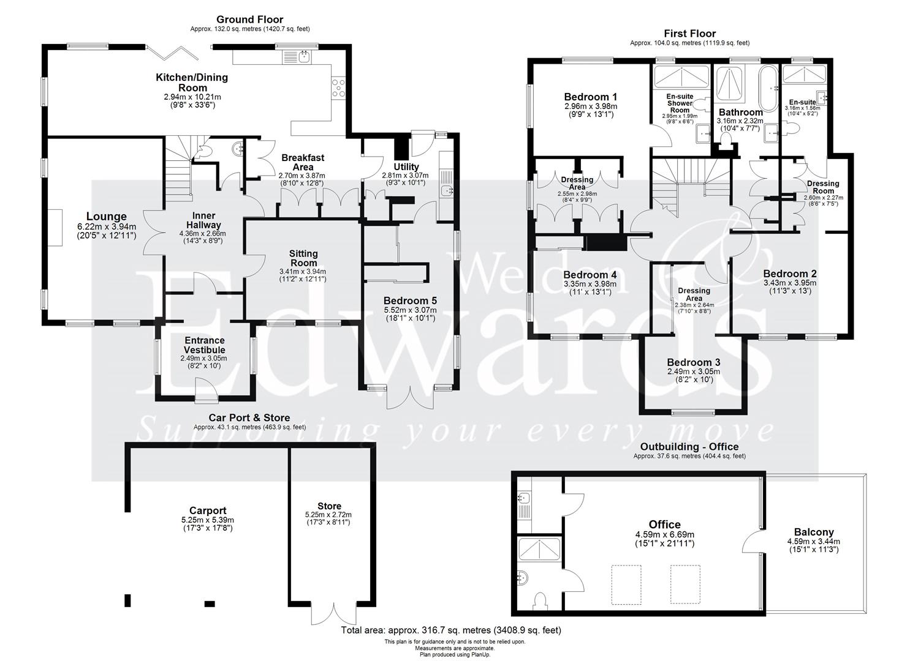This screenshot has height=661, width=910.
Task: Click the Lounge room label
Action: coord(106,217)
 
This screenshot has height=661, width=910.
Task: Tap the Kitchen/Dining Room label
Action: coord(192,83)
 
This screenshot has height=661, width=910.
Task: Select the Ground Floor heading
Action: coord(250,20)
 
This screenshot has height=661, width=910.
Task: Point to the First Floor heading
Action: coord(689,34)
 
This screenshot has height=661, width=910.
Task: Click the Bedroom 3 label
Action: coord(693,362)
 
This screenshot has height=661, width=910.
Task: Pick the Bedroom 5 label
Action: coord(410,301)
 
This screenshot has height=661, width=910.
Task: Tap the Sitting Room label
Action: coord(303,258)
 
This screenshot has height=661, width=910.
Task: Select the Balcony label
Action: coord(813,532)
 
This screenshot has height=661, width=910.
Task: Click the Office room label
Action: coord(664,525)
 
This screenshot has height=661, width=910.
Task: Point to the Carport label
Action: coord(208,510)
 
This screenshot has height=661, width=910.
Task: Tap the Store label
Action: coord(329,506)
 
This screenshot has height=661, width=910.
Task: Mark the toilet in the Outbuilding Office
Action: coord(541,602)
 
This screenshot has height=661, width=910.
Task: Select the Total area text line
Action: coord(450,630)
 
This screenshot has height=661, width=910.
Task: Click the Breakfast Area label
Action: coord(303,162)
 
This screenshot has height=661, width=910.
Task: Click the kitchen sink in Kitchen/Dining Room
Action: coord(305,57)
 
